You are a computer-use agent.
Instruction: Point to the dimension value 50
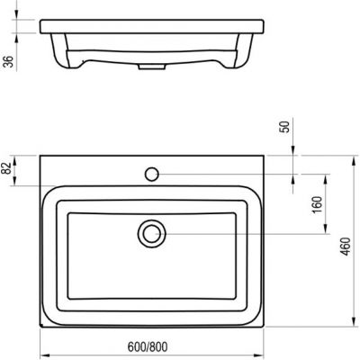287,127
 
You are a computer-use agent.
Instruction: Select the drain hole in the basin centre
152,234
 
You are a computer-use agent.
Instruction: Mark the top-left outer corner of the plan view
40,155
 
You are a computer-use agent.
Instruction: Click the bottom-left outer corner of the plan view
40,331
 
